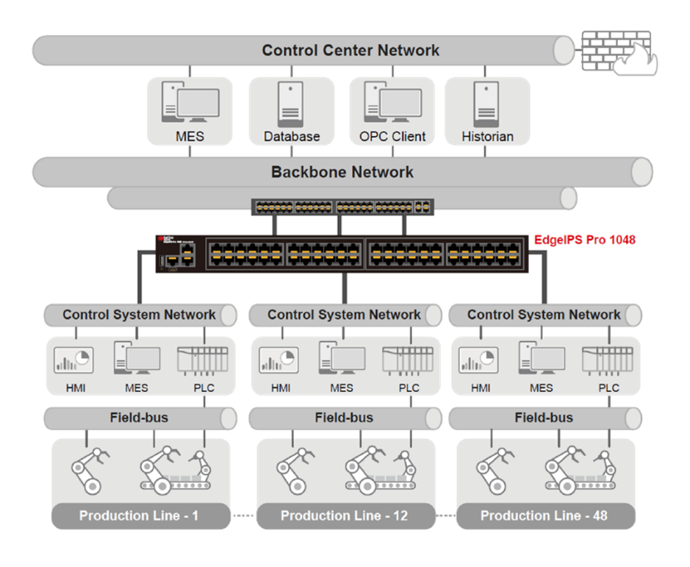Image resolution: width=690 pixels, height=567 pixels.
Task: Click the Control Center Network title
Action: (x=351, y=51)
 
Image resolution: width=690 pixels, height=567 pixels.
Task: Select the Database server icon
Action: (x=292, y=104)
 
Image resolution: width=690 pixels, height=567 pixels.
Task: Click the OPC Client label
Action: (x=392, y=136)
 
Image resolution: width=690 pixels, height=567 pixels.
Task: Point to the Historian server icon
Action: (x=486, y=104)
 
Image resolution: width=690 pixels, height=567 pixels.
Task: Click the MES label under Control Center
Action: (x=190, y=136)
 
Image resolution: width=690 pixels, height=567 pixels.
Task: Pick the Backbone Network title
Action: (x=342, y=172)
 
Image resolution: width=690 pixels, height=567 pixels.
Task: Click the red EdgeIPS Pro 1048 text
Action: (x=585, y=240)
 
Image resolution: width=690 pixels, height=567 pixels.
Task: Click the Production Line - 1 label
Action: (x=139, y=516)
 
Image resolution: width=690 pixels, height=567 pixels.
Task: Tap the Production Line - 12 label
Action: (x=344, y=516)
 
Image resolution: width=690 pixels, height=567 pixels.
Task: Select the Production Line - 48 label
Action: (x=544, y=516)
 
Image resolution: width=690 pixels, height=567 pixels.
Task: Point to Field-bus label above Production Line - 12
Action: (x=344, y=418)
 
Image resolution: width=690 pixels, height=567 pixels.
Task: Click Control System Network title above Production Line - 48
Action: (x=544, y=315)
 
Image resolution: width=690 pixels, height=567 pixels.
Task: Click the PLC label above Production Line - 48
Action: (x=608, y=388)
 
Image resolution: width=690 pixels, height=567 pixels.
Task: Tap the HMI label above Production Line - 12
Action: (x=281, y=388)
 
